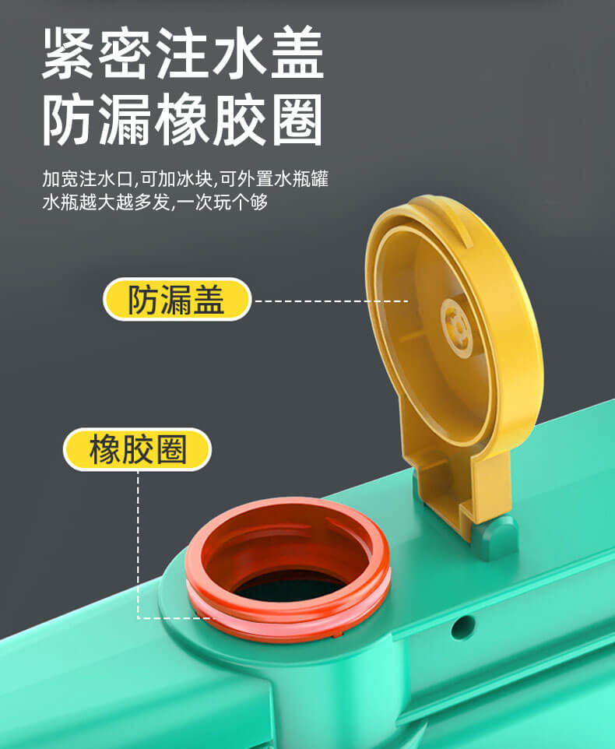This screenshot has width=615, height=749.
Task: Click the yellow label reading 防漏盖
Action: (x=177, y=300)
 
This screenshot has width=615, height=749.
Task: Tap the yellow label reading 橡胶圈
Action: (x=138, y=449)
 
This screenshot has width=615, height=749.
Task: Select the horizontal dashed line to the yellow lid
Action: (x=332, y=301)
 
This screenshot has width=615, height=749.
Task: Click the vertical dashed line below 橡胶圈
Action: (x=139, y=544)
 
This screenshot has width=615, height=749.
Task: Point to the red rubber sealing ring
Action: (x=287, y=610)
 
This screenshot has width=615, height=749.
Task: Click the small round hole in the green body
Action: (x=462, y=626)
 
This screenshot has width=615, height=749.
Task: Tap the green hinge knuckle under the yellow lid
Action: (x=496, y=537)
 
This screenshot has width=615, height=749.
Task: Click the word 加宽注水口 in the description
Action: (x=87, y=179)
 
